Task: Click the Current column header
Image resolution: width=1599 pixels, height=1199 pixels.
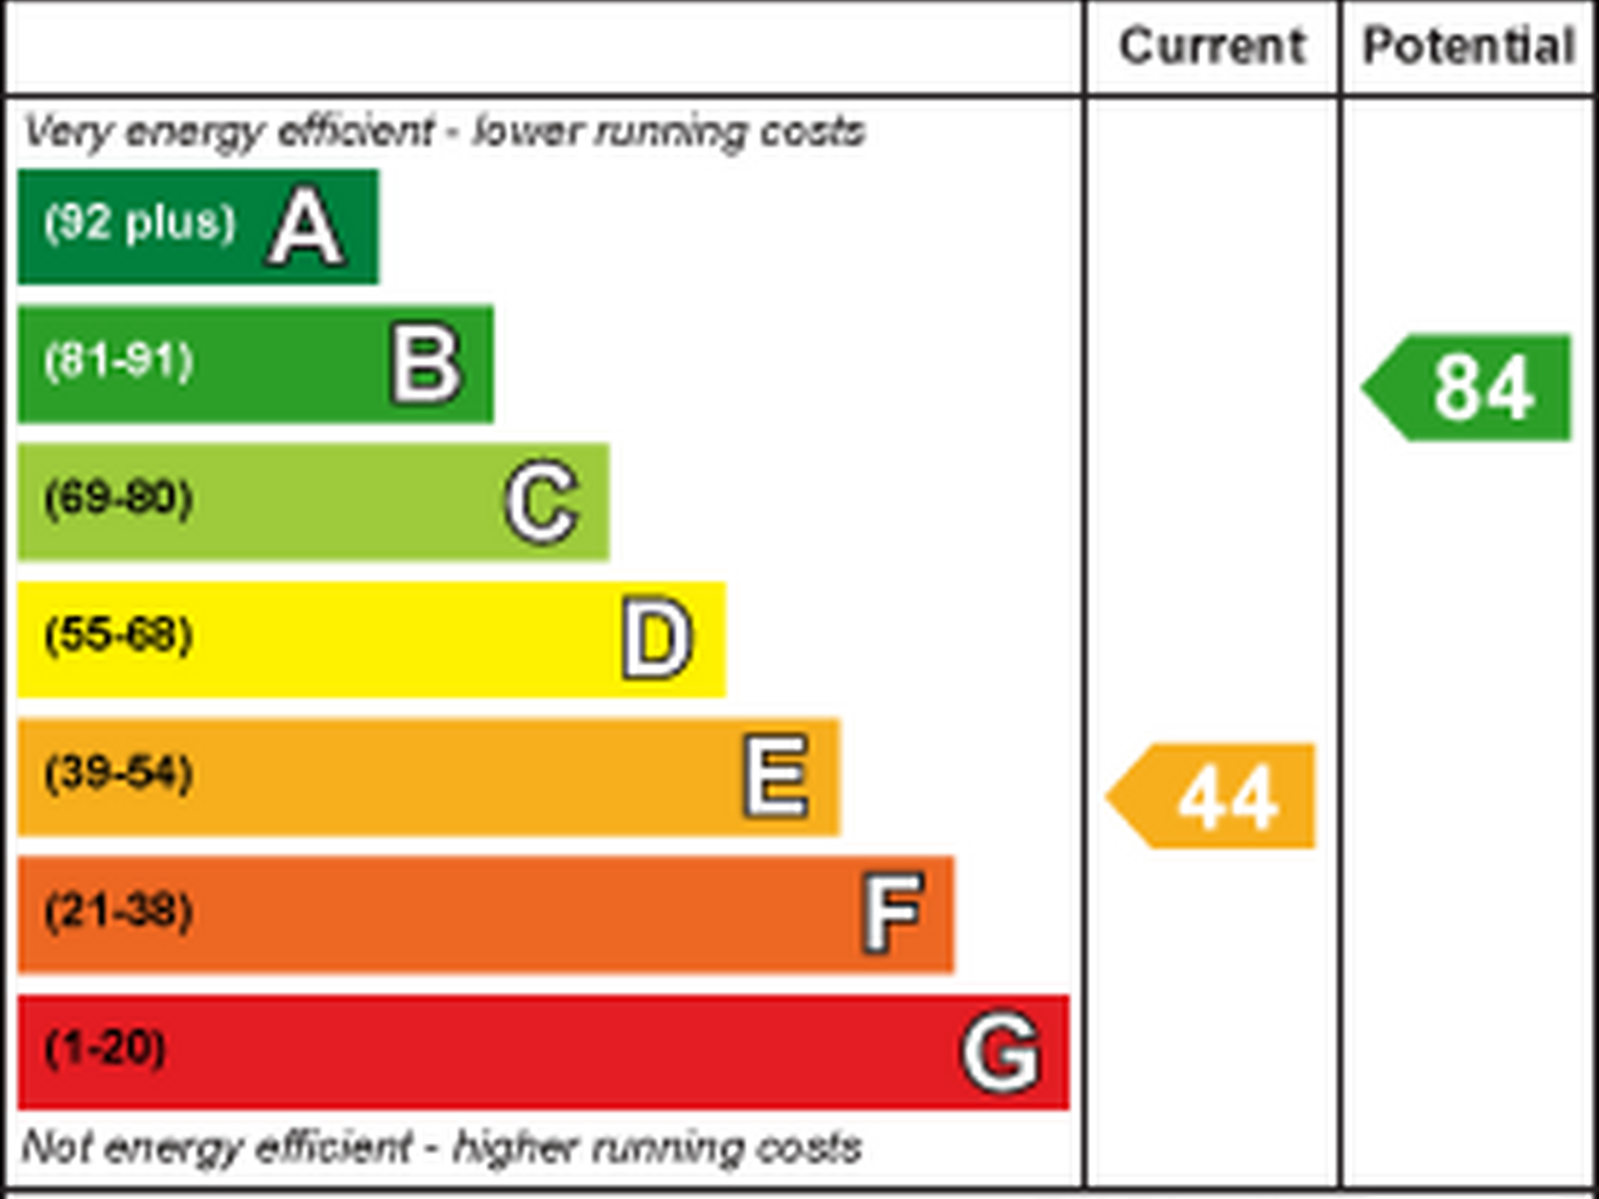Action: coord(1213,46)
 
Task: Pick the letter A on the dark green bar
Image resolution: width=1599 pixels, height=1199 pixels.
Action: coord(306,227)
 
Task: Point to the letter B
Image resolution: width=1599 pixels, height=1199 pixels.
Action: coord(426,364)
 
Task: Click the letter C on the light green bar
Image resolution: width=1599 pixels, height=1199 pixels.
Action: coord(542,502)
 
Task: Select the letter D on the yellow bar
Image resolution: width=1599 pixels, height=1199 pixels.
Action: coord(656,639)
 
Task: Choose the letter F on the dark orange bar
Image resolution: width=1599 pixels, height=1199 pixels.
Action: coord(893,913)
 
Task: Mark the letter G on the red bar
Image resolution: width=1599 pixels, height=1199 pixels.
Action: coord(1001,1052)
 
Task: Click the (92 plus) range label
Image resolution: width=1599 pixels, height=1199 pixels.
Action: coord(140,222)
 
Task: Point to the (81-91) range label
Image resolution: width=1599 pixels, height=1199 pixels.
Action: coord(119,361)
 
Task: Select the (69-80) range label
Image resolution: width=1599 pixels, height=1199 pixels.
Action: coord(119,497)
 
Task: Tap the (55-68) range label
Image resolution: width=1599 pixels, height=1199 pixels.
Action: coord(119,635)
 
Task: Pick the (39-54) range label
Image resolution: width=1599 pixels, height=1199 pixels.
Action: coord(119,773)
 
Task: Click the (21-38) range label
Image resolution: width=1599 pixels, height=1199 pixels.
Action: coord(119,910)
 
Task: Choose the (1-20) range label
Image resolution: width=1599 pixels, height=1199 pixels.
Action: coord(106,1048)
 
